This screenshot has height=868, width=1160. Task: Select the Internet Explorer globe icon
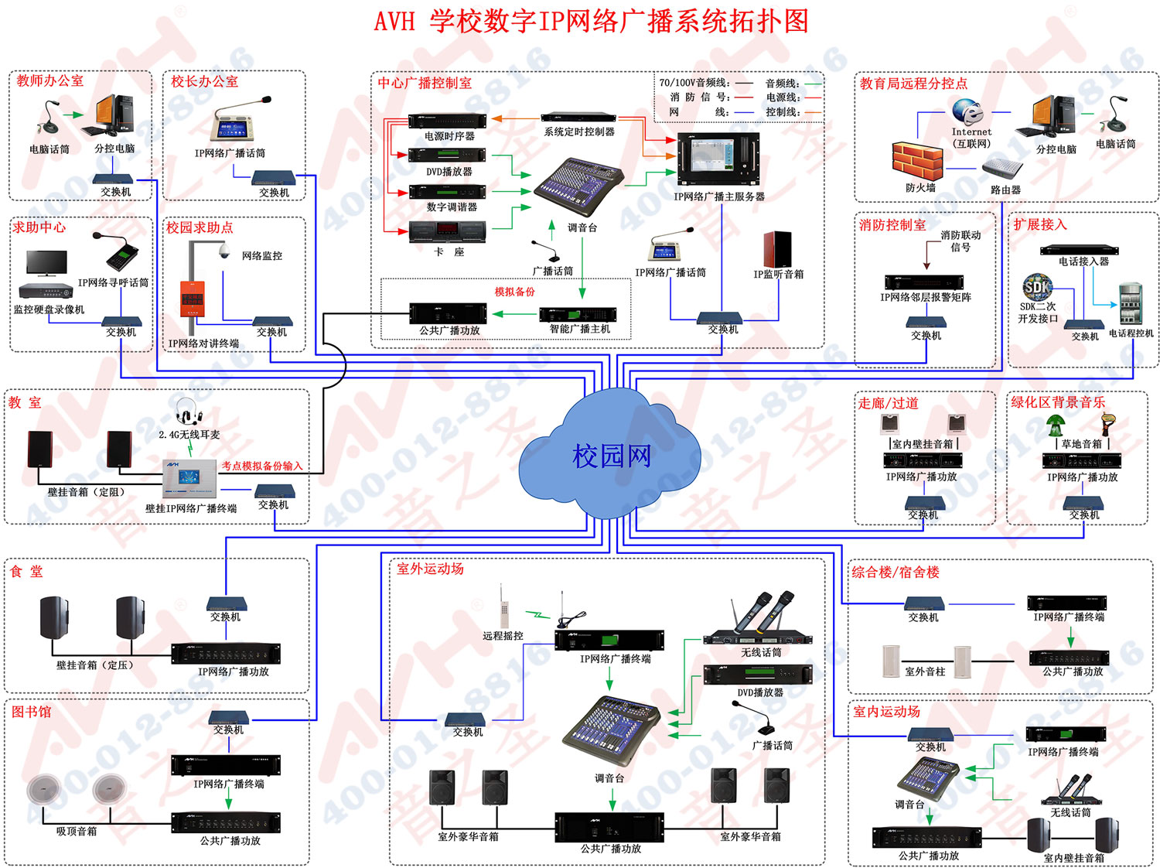point(967,112)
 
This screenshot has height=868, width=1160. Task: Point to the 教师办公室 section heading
point(50,80)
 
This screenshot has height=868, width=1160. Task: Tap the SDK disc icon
point(1036,287)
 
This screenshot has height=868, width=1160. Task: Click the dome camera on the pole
point(223,251)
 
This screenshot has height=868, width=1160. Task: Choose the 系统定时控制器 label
point(578,132)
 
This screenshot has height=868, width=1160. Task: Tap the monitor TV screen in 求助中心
point(46,262)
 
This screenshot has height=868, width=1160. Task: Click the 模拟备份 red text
point(514,292)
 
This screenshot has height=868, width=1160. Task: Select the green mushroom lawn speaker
point(1056,425)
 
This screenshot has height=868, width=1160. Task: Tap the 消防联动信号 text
point(960,241)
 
